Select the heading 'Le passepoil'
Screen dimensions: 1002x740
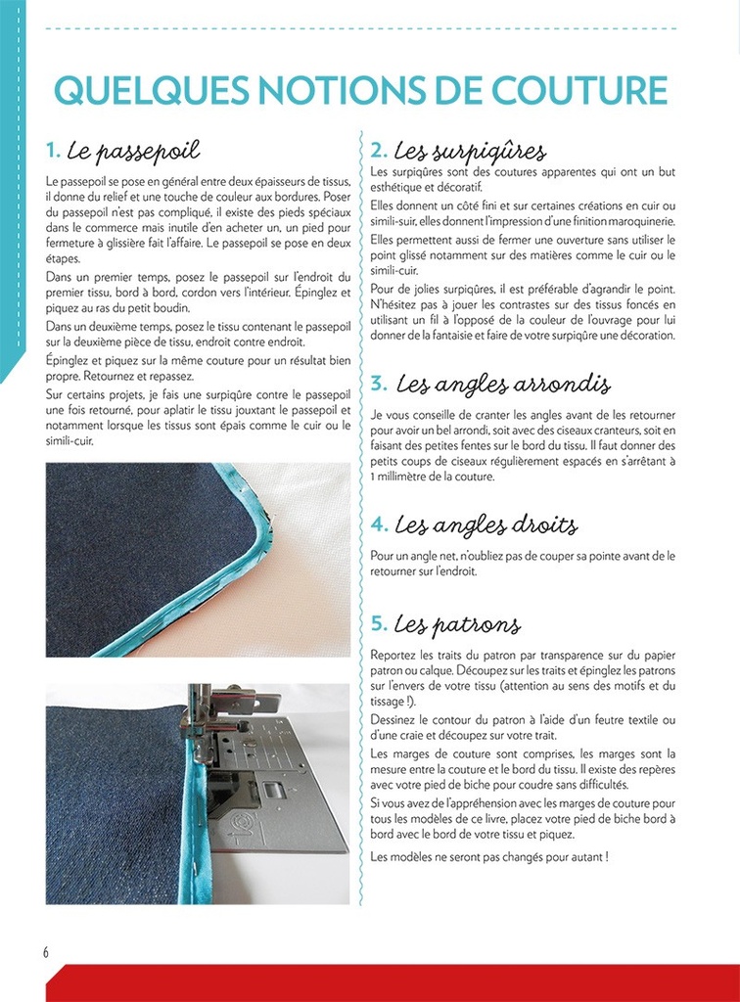pyautogui.click(x=133, y=151)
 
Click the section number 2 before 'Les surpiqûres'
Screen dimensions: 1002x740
pyautogui.click(x=379, y=151)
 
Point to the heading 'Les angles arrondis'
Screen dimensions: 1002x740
pyautogui.click(x=503, y=384)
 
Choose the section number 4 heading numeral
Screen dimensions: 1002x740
pyautogui.click(x=379, y=525)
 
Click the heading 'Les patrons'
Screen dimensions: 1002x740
pyautogui.click(x=457, y=624)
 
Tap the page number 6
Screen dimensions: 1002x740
pyautogui.click(x=45, y=952)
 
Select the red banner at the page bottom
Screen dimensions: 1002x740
pyautogui.click(x=392, y=982)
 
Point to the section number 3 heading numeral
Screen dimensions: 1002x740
pyautogui.click(x=379, y=384)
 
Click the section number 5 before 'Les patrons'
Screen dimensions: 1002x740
pyautogui.click(x=379, y=624)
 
